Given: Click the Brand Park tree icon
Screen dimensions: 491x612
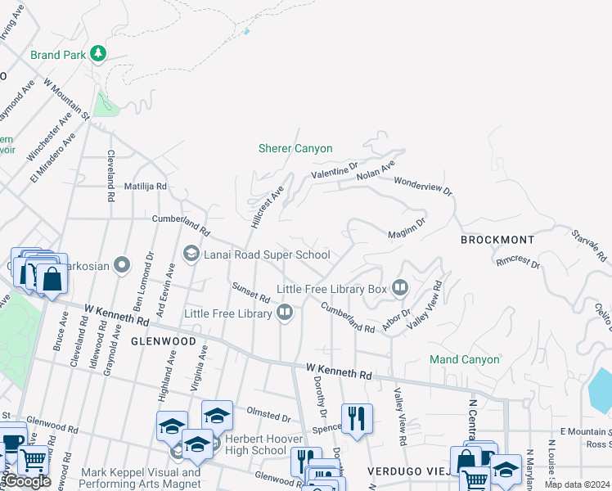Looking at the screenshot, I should point(98,54).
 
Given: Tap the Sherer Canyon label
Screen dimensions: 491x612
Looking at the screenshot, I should point(295,148).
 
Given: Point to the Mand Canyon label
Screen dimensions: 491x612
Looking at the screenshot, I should point(464,359).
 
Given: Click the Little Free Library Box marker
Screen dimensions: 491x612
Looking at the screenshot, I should point(400,288).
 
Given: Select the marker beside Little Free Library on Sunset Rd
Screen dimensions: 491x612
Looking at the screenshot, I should point(285,311).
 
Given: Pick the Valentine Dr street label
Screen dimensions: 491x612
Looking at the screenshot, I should point(334,172).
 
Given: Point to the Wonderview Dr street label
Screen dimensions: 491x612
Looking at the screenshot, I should point(423,186).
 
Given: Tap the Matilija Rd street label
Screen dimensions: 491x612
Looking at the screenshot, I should point(146,187).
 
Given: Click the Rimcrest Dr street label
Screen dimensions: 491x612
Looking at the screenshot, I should point(518,263).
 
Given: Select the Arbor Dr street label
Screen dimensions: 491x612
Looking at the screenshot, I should point(395,319).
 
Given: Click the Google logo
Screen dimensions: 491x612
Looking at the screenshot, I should point(26,481).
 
